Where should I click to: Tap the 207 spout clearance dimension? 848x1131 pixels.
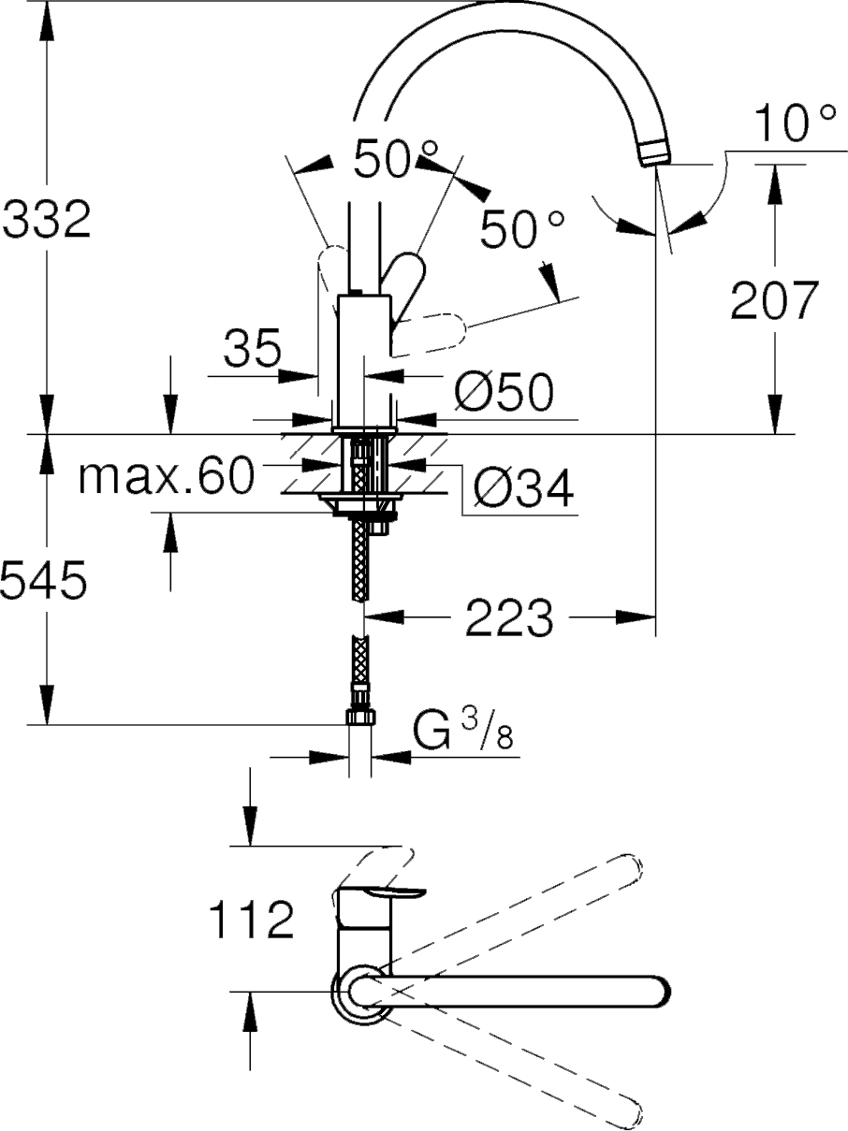(x=774, y=300)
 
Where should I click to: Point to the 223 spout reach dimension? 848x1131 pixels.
(x=509, y=617)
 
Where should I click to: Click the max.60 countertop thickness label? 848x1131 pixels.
(x=167, y=477)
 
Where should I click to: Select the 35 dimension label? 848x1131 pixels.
(x=252, y=350)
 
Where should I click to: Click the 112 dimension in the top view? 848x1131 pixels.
(x=249, y=921)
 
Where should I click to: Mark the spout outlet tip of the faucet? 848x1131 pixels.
(x=655, y=154)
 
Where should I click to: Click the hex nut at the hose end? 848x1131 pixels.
(x=360, y=718)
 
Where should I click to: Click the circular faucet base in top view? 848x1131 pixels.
(x=358, y=991)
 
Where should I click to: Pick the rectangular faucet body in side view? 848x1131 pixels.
(x=362, y=360)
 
